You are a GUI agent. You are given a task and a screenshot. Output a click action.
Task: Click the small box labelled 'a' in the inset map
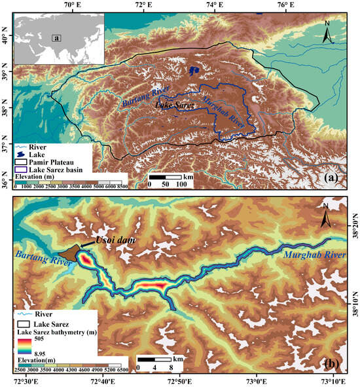tap(58, 38)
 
